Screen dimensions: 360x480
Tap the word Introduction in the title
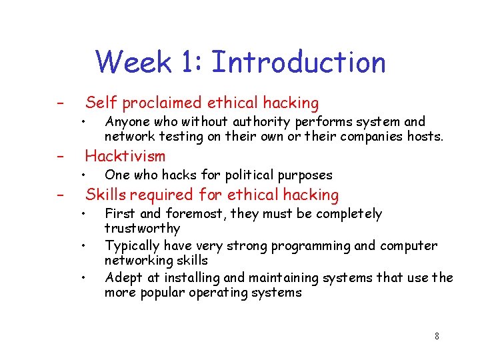pos(298,63)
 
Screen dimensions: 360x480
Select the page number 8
pos(437,336)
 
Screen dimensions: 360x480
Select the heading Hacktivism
pos(125,157)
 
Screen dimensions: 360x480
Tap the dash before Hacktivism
pos(59,157)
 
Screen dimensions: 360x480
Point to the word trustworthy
pos(142,229)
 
